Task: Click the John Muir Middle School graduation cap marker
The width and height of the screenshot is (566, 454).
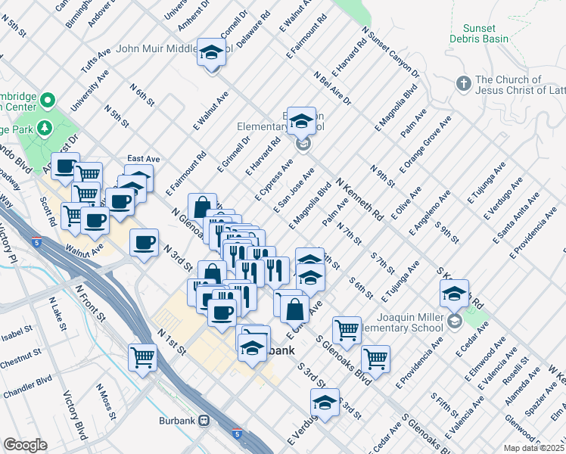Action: [212, 53]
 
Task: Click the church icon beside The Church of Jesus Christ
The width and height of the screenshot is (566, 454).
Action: [464, 84]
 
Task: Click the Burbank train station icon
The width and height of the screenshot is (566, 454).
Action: [204, 421]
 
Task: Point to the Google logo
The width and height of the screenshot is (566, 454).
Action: [24, 445]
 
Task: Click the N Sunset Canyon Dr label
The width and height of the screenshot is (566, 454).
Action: [390, 53]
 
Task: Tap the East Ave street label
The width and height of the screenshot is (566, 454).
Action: [142, 159]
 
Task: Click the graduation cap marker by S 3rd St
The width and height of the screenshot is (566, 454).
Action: [325, 402]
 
